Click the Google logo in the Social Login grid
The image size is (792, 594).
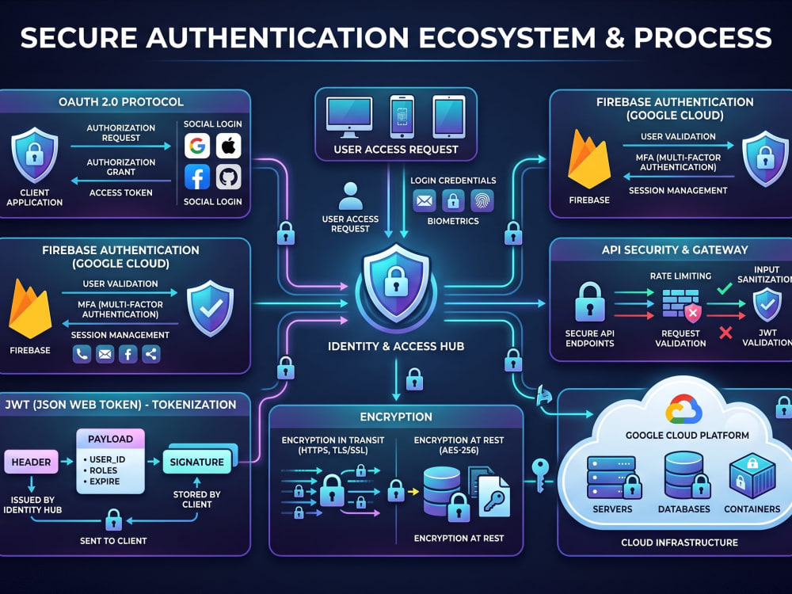197,146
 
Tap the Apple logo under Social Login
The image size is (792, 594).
228,146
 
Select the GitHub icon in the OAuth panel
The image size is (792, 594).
228,177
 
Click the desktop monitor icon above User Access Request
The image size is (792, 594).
349,117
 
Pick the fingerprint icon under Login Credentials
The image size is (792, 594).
482,201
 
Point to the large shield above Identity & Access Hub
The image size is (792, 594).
397,283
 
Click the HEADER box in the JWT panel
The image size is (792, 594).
32,463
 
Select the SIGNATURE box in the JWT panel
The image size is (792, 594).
197,462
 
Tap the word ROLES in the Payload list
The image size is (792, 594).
104,470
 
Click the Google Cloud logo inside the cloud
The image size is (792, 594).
684,409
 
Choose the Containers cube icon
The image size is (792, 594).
752,476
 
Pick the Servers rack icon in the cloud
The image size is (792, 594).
614,478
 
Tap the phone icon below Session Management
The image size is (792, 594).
82,354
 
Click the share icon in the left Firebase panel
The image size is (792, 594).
151,354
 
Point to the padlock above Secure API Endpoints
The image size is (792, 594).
590,302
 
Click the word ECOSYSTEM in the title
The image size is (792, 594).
507,38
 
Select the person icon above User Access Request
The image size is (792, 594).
351,196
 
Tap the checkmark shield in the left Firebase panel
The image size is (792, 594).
210,309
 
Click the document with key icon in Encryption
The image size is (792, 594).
494,497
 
